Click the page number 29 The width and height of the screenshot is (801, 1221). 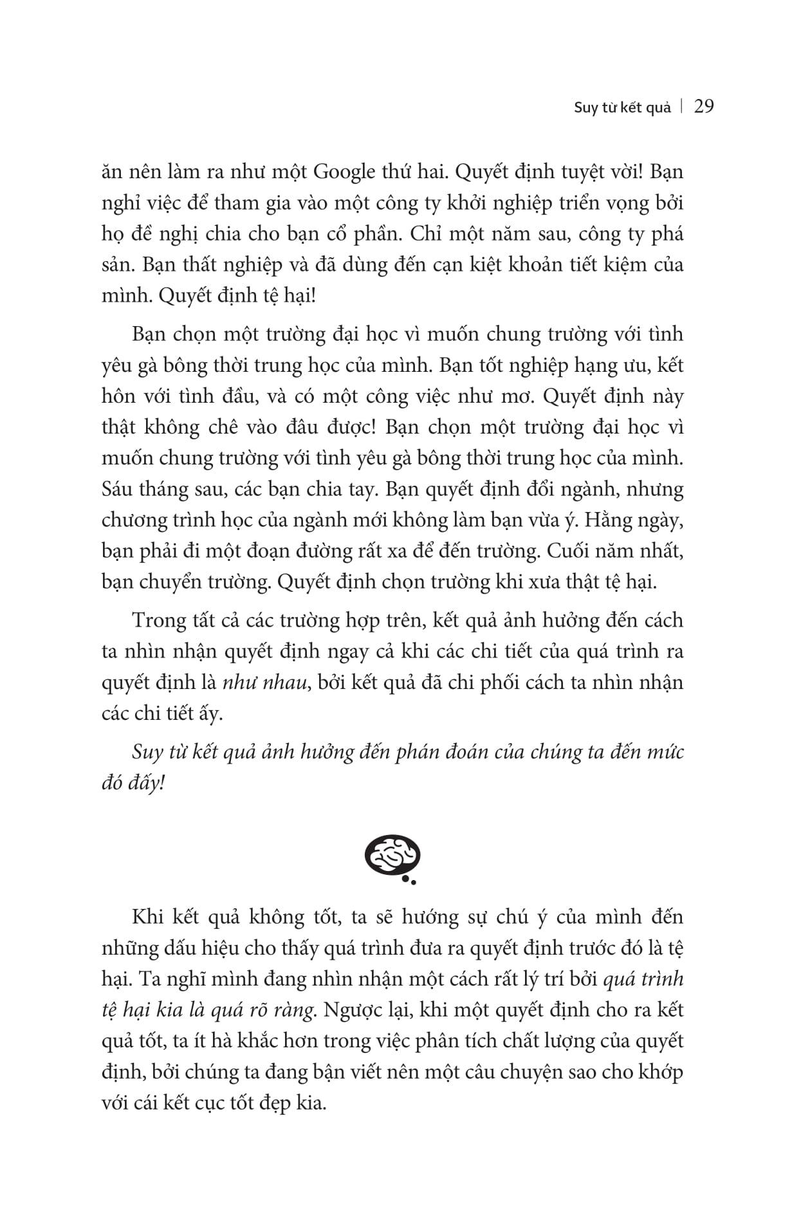(704, 106)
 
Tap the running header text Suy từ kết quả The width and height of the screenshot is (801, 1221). (622, 107)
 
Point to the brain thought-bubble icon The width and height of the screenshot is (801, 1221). (392, 858)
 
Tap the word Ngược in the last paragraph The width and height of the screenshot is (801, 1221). (352, 1009)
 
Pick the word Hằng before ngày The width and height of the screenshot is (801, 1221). (606, 520)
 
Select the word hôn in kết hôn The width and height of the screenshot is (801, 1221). (118, 396)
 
